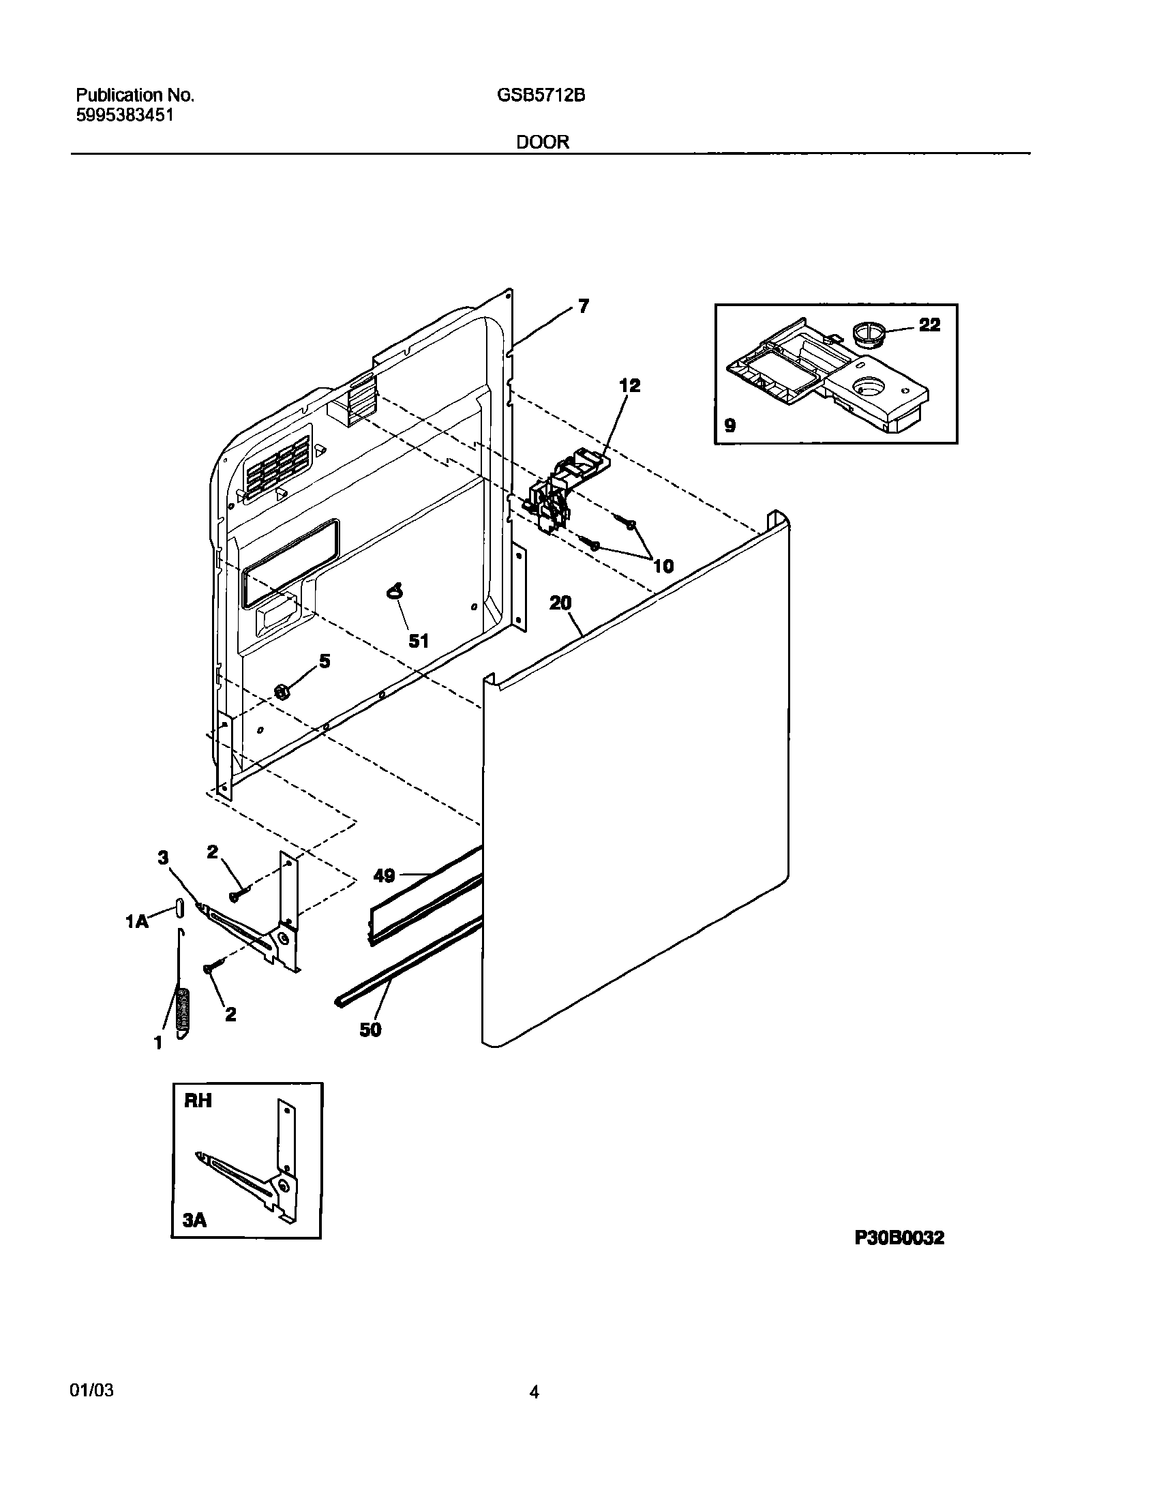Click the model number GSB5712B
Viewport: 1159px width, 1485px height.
point(541,96)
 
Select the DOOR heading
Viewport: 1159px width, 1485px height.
point(543,142)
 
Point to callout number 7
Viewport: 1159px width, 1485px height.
point(584,307)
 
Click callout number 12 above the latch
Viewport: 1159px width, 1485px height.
point(630,386)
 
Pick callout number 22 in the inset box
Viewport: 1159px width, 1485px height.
point(929,325)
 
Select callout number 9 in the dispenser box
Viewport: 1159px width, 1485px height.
point(729,425)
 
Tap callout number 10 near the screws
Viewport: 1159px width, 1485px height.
point(663,565)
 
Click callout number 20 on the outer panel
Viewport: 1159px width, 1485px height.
point(560,603)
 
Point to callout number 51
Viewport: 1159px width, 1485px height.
point(418,640)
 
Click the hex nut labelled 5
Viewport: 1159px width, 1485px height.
point(281,691)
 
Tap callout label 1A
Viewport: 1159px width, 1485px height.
point(136,922)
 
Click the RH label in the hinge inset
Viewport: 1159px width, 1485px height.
point(198,1100)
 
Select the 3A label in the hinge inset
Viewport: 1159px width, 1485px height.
point(195,1220)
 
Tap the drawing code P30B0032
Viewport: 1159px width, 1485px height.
point(899,1238)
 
